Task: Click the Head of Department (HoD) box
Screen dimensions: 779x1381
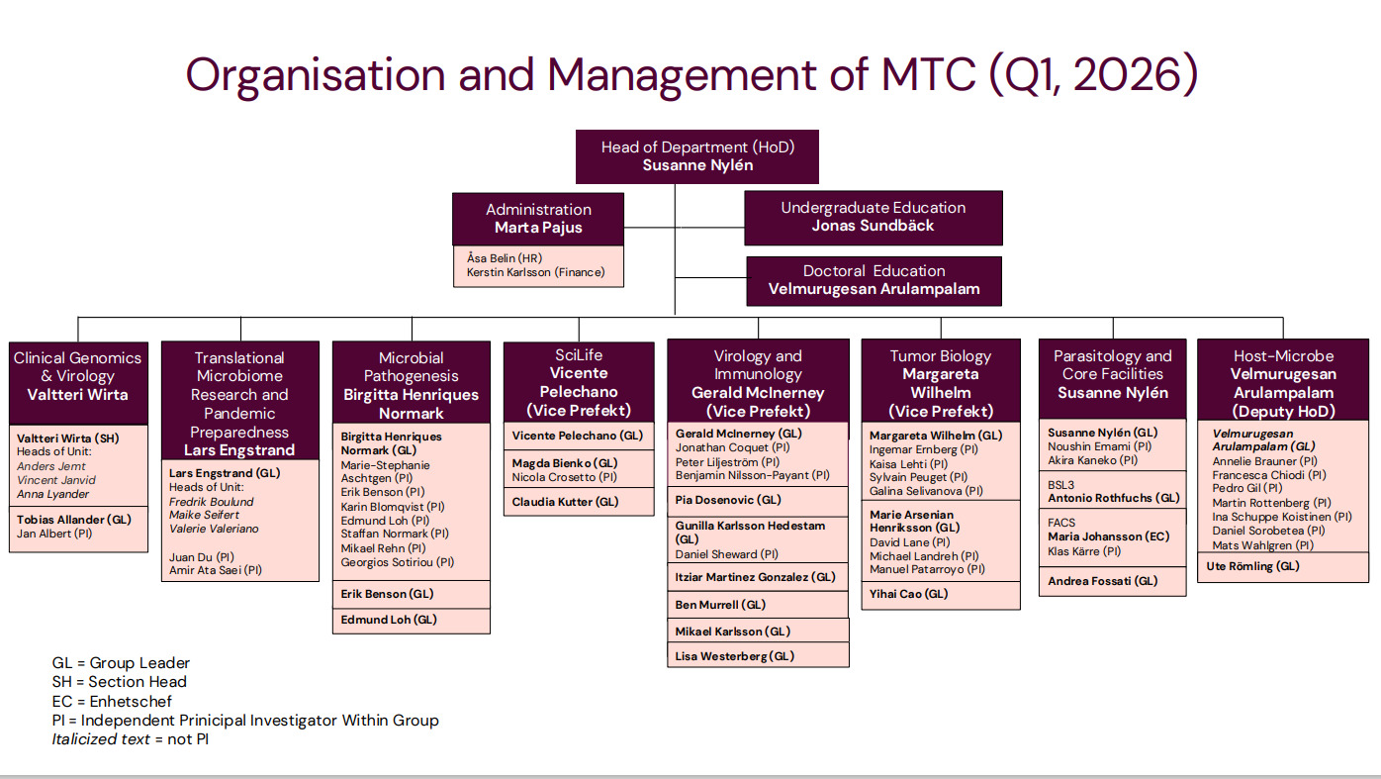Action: coord(697,156)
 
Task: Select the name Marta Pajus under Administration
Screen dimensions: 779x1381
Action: coord(538,228)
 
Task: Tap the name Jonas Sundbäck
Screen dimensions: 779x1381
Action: coord(873,226)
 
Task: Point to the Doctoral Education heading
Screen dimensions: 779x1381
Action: coord(874,270)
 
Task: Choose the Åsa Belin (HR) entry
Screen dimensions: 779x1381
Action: coord(503,258)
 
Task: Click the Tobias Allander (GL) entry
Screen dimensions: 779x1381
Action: coord(74,519)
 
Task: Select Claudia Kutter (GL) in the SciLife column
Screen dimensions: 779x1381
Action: coord(565,502)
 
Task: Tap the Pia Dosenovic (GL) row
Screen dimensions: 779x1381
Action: coord(728,500)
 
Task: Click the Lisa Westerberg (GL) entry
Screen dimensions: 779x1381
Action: coord(734,655)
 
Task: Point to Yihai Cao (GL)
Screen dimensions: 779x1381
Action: coord(908,594)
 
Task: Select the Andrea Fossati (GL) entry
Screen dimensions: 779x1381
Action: coord(1102,581)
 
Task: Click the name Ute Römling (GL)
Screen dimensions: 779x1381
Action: coord(1252,566)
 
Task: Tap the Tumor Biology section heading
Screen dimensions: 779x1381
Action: coord(940,356)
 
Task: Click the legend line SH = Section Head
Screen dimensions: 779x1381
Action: coord(119,682)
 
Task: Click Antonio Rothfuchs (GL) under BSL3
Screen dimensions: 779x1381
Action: coord(1114,498)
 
